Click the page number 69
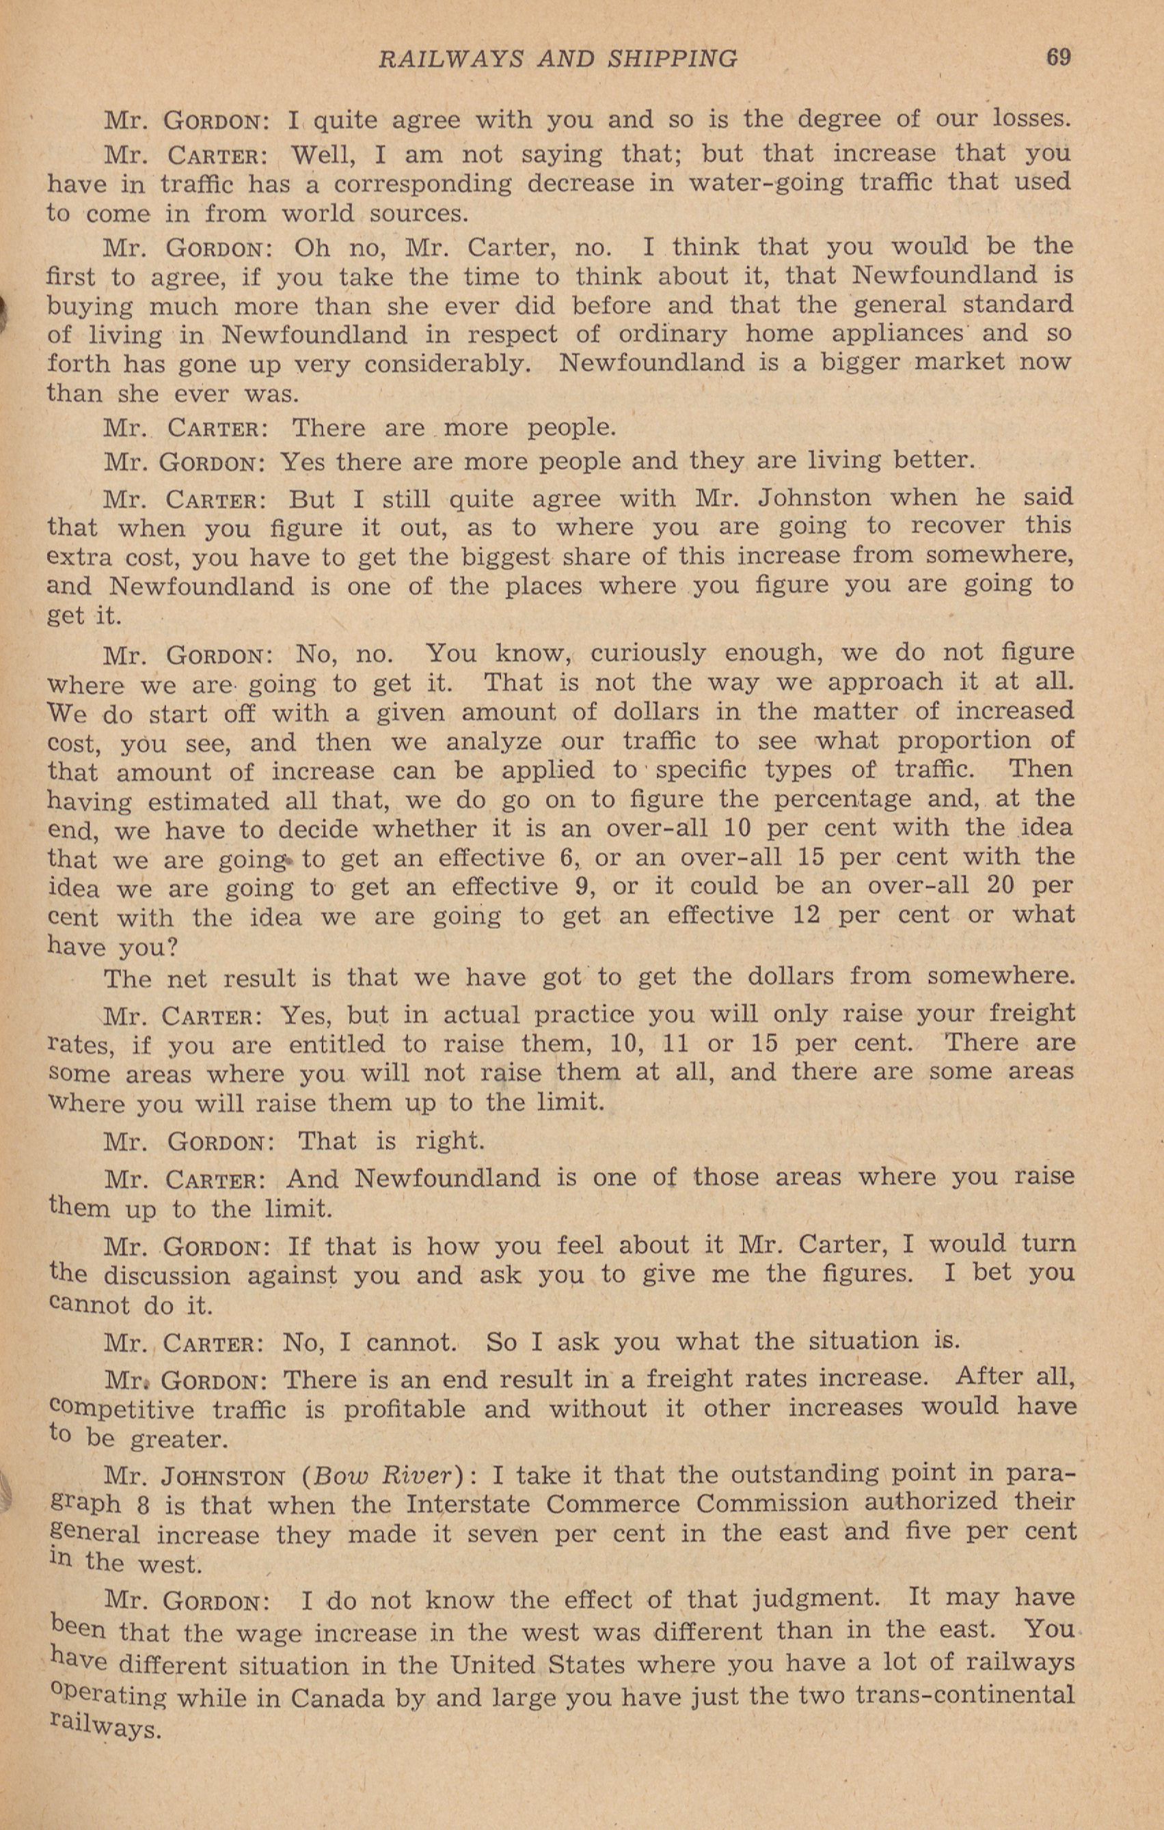[1058, 58]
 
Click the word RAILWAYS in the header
[452, 59]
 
